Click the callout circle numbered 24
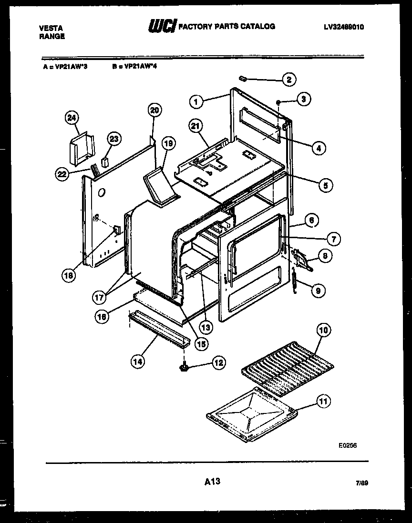click(72, 118)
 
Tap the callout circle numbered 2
click(288, 80)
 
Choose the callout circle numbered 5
click(325, 185)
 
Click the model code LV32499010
click(343, 28)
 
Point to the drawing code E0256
click(348, 445)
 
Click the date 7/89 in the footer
click(361, 483)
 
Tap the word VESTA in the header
click(50, 28)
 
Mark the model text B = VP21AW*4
click(135, 67)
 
